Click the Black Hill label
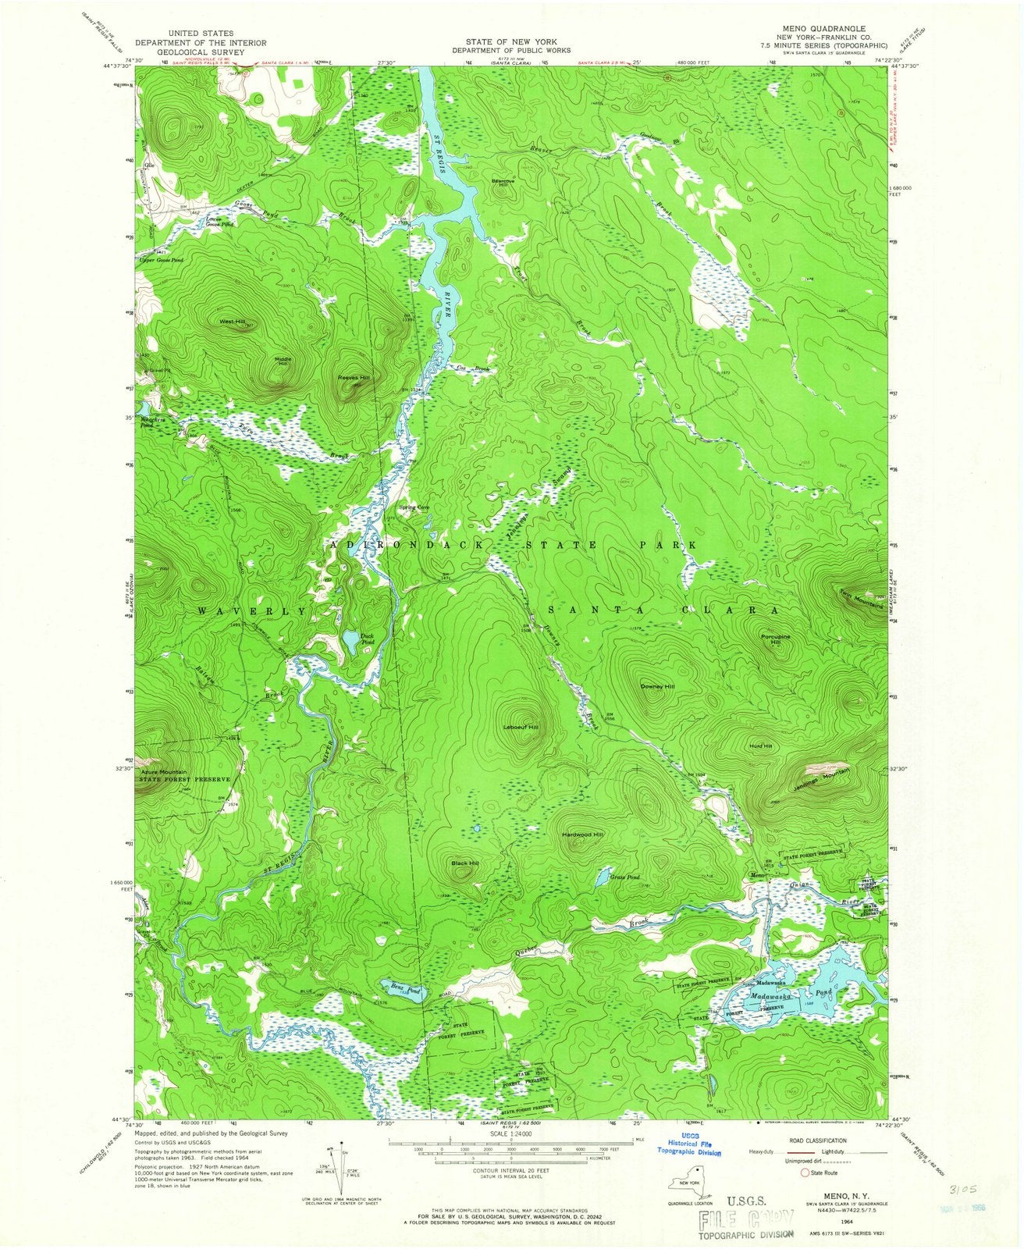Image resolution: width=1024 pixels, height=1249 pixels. [x=465, y=863]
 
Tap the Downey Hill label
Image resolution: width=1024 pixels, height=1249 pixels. [x=657, y=686]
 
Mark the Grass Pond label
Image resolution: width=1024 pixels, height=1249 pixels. [x=625, y=877]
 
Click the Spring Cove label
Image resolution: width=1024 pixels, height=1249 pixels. [x=414, y=507]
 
